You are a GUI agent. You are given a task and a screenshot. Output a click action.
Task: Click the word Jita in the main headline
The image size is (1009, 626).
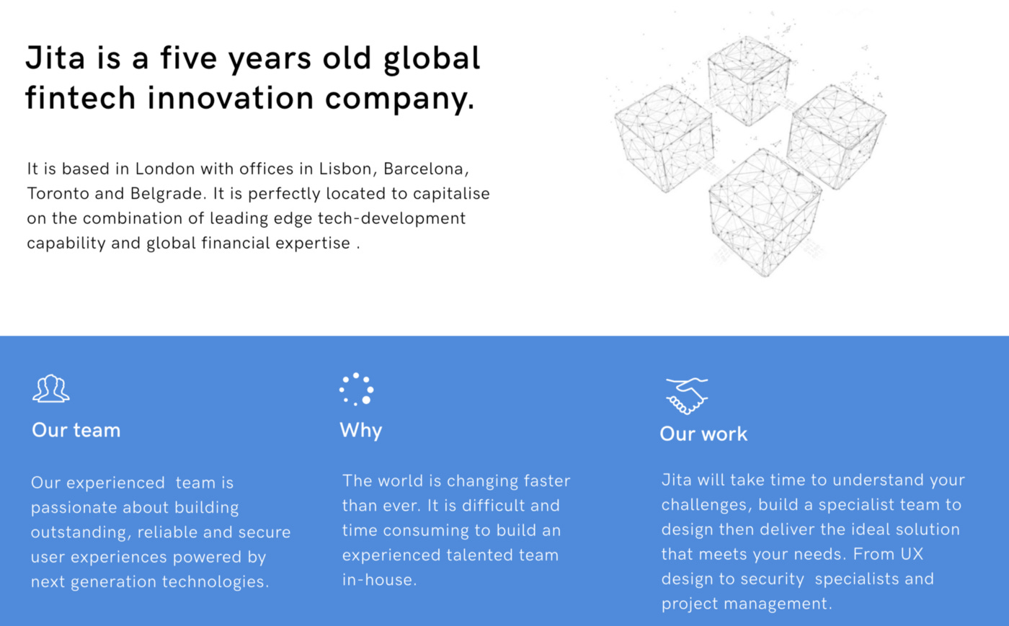[55, 58]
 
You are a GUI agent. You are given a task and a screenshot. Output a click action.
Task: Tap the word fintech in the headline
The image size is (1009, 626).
[81, 98]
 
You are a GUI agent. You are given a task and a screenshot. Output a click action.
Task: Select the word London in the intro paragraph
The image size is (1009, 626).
[165, 169]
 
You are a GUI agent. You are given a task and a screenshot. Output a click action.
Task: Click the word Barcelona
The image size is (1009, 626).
[426, 169]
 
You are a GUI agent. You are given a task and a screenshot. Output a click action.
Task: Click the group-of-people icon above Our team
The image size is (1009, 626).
[51, 388]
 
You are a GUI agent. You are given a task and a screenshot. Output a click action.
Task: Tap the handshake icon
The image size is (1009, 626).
[686, 396]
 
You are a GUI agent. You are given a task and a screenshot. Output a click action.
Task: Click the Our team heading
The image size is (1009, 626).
[76, 430]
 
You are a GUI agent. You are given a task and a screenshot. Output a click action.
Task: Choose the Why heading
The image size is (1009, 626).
[361, 431]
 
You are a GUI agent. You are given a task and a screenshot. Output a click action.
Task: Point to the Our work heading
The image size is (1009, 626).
[703, 434]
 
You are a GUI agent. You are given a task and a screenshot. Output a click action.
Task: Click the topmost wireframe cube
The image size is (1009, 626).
[749, 81]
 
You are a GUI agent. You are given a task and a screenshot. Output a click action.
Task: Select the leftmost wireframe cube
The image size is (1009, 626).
[664, 139]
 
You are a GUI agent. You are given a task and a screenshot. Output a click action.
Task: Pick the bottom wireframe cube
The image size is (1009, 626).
[765, 213]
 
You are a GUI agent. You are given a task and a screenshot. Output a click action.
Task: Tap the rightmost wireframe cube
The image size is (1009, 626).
[837, 137]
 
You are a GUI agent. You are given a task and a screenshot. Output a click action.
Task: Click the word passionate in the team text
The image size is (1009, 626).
[74, 508]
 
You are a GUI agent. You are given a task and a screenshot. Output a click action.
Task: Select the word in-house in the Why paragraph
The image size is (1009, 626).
[379, 580]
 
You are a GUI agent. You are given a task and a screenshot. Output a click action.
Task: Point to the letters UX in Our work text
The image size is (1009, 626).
[912, 554]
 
